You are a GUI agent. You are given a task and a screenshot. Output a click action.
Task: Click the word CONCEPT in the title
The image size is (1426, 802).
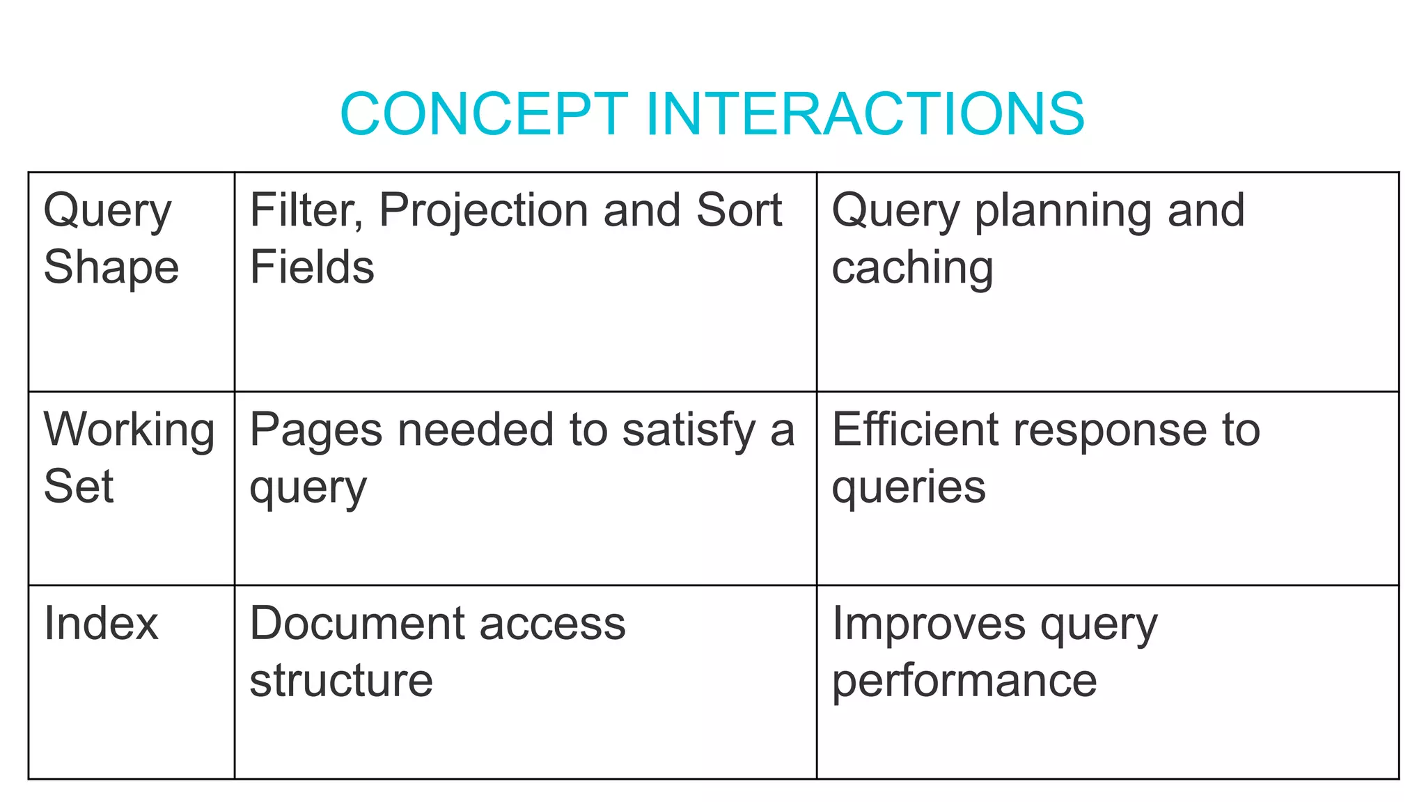point(484,113)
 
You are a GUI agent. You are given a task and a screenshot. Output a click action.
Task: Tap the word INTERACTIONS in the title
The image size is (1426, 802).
point(865,113)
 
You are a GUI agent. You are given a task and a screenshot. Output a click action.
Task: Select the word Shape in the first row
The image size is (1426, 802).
point(111,267)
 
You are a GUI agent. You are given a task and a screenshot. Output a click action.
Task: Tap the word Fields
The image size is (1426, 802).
point(312,267)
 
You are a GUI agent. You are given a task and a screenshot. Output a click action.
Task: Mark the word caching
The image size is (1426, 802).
point(912,269)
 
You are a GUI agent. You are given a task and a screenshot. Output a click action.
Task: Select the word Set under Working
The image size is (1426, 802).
point(79,487)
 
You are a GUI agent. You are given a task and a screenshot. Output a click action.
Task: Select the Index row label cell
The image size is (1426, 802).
point(132,682)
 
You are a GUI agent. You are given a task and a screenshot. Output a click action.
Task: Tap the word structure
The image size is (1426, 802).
point(341,680)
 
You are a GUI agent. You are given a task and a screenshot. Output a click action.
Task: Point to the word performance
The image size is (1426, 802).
point(964,682)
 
